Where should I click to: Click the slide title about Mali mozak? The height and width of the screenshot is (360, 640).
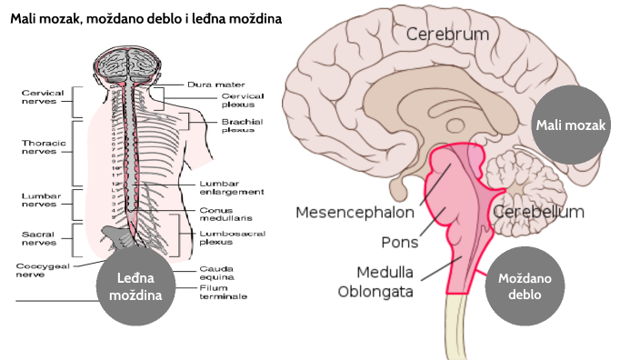click(x=145, y=18)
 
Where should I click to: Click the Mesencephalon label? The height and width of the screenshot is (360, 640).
click(x=355, y=213)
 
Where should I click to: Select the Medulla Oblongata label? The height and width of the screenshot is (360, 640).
click(x=374, y=281)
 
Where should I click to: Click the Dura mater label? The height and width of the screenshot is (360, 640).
click(x=211, y=85)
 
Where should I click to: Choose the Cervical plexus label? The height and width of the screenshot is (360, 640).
click(x=241, y=101)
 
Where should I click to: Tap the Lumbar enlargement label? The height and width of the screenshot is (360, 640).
click(x=232, y=188)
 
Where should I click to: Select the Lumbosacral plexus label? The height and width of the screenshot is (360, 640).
click(x=231, y=237)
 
